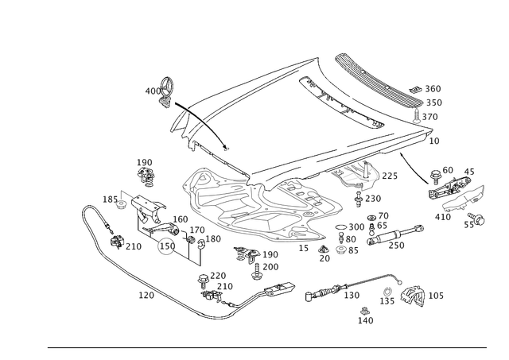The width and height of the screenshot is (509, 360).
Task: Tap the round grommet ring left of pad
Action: click(x=165, y=248)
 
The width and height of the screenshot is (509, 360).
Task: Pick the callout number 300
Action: click(x=433, y=87)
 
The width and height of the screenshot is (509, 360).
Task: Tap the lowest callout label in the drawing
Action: click(x=366, y=320)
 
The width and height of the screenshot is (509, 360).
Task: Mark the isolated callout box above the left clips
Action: click(x=146, y=167)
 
